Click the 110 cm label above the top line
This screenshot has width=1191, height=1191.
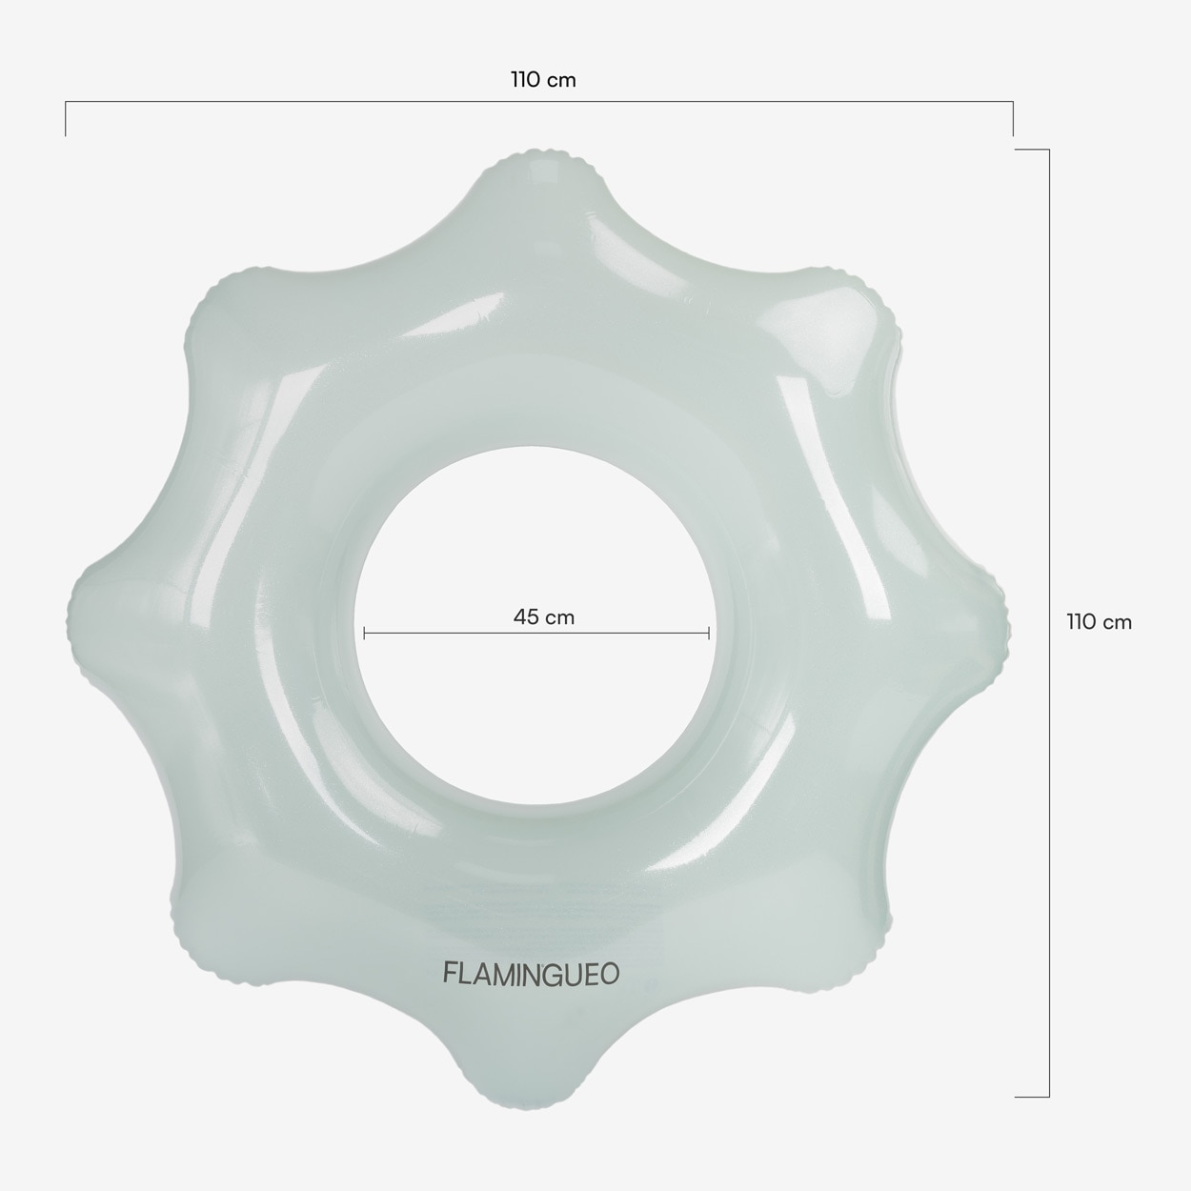tap(543, 80)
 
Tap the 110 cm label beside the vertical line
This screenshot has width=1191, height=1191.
tap(1099, 622)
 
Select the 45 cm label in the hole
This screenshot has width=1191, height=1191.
tap(544, 616)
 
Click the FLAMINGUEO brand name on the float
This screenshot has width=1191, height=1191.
tap(531, 975)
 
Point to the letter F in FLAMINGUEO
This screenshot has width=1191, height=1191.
tap(450, 974)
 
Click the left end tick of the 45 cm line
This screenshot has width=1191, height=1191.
tap(365, 633)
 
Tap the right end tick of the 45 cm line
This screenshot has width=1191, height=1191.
tap(709, 633)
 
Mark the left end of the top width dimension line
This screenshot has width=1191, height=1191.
tap(66, 101)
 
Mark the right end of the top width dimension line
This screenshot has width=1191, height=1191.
tap(1013, 101)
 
